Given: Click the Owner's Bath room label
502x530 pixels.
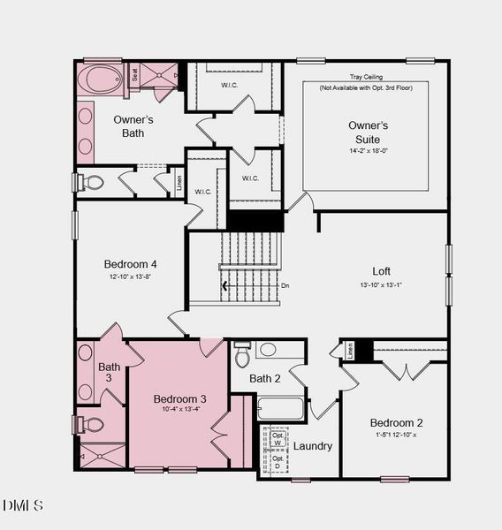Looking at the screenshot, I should (134, 126).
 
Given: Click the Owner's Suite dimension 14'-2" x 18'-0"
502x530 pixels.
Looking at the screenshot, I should (367, 151).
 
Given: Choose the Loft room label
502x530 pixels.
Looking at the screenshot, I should (381, 271).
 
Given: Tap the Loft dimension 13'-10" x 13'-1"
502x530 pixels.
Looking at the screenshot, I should (381, 284).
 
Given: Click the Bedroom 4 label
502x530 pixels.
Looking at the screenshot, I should (130, 264).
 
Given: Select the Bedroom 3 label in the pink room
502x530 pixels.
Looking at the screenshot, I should (179, 398).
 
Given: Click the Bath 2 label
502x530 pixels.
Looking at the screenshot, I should (264, 379).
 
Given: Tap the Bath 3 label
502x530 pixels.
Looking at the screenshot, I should (110, 373).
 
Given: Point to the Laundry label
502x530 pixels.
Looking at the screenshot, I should (312, 446).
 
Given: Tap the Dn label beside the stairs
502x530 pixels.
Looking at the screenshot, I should (285, 285).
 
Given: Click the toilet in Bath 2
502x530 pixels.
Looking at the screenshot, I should (242, 355).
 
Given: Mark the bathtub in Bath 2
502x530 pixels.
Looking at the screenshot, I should (280, 409).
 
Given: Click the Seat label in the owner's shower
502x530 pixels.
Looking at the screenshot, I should (135, 76).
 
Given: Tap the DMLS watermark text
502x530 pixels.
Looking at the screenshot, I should (23, 505).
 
